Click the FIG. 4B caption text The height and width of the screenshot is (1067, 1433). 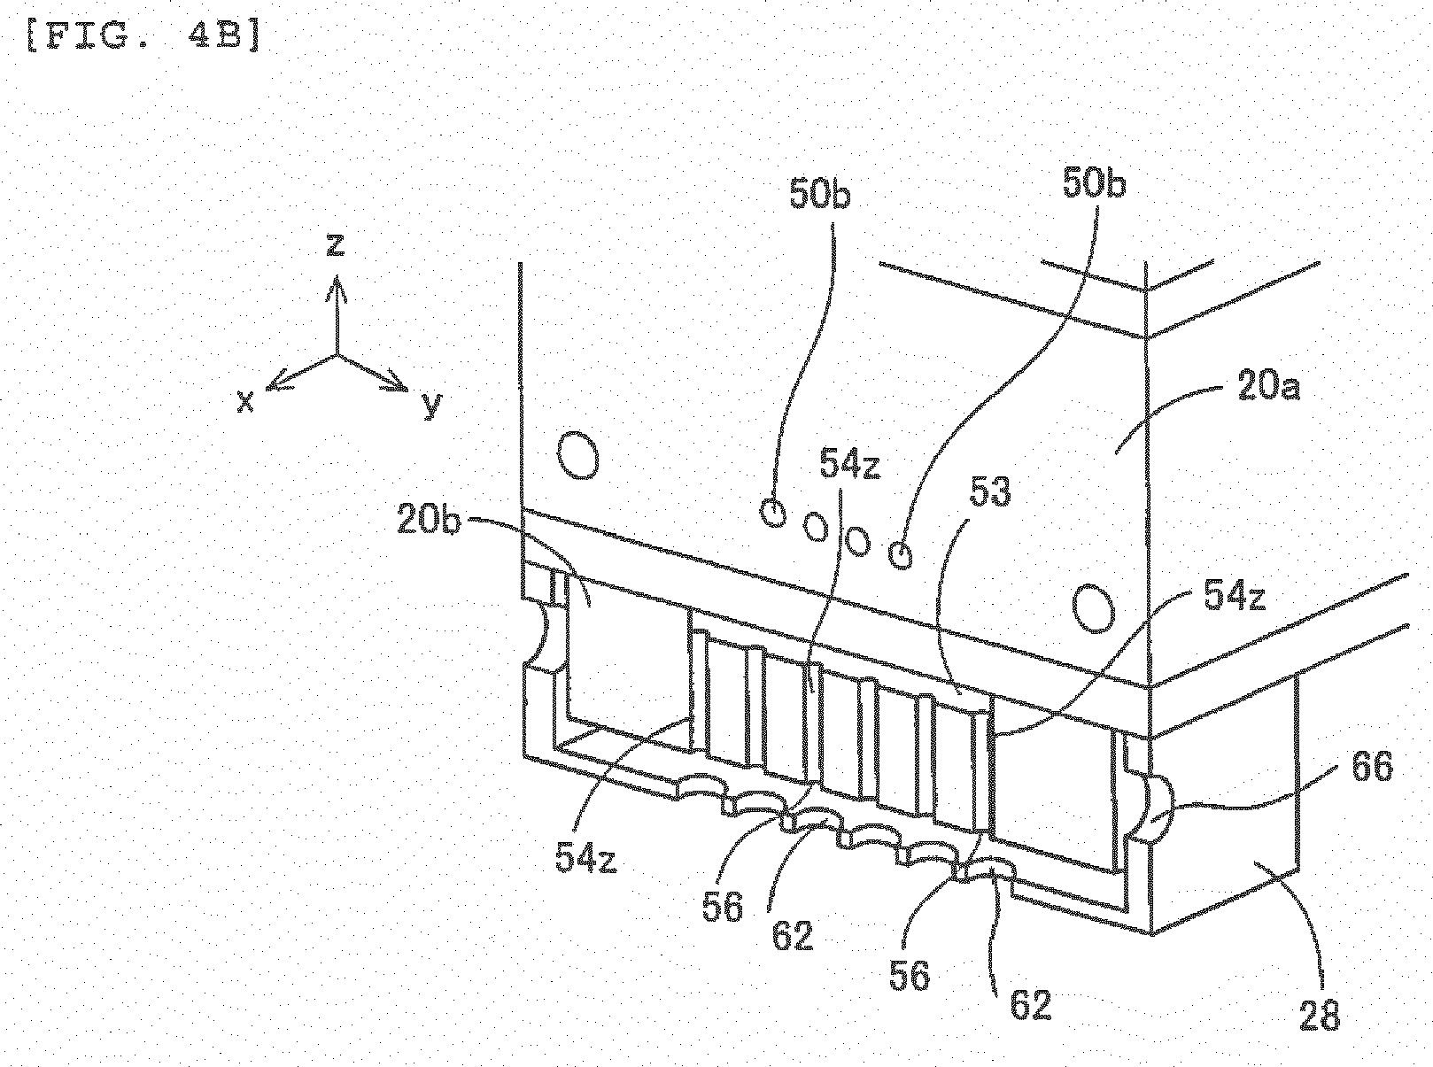tap(143, 37)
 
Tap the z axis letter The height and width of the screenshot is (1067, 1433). tap(335, 245)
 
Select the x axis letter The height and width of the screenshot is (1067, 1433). tap(245, 402)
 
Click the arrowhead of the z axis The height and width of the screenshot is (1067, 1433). tap(336, 288)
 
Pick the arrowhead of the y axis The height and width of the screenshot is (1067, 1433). tap(394, 384)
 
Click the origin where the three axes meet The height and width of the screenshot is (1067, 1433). tap(336, 355)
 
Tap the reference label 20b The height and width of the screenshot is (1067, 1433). tap(429, 520)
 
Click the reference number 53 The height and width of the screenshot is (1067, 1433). tap(990, 492)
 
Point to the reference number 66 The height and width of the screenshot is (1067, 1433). tap(1371, 768)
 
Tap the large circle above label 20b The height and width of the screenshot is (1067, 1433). tap(578, 455)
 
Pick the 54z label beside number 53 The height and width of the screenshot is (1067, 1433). tap(849, 464)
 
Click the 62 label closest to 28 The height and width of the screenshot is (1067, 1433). tap(1031, 1005)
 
